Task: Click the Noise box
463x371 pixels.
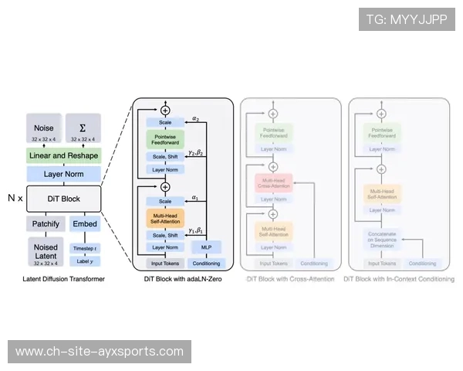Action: click(x=44, y=129)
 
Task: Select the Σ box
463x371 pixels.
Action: click(x=83, y=129)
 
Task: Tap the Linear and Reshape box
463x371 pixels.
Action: click(x=63, y=156)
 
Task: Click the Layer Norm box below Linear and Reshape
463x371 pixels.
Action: click(x=63, y=175)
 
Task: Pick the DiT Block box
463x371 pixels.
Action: click(x=63, y=199)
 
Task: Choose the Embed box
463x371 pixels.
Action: click(x=83, y=223)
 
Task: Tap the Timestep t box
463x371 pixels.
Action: click(x=83, y=248)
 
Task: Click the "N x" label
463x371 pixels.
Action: click(x=15, y=199)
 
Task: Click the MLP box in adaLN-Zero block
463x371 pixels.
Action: click(x=206, y=247)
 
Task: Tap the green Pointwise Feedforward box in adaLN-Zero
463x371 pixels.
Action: click(x=165, y=140)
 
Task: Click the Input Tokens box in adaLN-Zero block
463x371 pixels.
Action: click(x=165, y=264)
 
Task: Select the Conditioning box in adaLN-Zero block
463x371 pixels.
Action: click(x=206, y=264)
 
